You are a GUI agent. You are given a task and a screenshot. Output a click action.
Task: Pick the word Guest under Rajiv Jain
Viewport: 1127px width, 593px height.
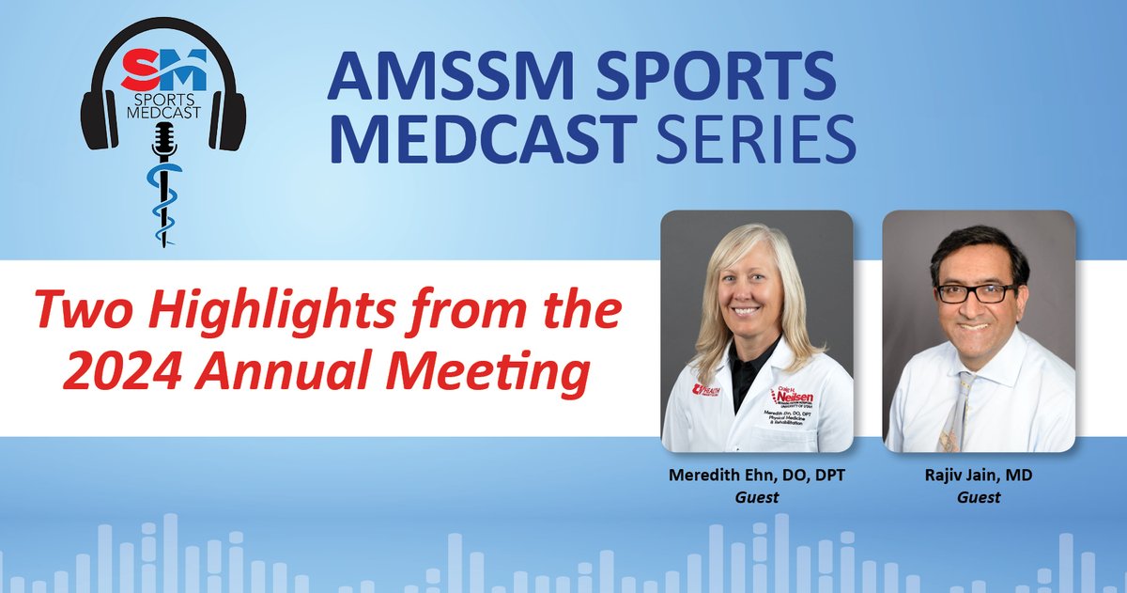[978, 496]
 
